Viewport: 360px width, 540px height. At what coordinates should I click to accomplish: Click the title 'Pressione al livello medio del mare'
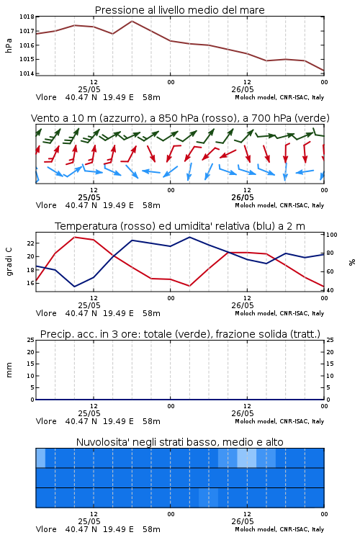pos(179,10)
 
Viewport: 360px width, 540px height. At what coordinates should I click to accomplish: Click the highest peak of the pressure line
pos(132,21)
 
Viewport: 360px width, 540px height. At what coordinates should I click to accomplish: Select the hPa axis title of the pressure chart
pos(9,45)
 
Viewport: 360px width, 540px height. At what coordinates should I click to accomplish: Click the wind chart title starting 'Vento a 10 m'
pos(180,118)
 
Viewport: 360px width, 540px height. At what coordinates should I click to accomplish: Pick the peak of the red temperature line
pos(75,237)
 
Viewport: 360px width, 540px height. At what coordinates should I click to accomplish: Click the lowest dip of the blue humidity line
pos(74,287)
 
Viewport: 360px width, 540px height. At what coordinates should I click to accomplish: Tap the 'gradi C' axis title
pos(9,262)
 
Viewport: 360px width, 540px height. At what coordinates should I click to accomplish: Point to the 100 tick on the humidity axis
pos(332,235)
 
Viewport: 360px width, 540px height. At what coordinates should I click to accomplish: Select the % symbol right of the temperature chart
pos(352,262)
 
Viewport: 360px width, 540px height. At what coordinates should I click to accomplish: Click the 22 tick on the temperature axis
pos(31,243)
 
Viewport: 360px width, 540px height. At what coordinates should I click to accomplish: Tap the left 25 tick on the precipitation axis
pos(31,340)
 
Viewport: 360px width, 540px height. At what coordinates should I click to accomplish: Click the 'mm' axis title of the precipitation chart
pos(9,370)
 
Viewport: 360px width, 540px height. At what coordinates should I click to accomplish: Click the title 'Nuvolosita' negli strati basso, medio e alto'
pos(179,442)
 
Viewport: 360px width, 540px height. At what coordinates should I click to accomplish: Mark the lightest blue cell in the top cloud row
pos(247,458)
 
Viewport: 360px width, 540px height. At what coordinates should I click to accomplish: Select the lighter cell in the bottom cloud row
pos(208,498)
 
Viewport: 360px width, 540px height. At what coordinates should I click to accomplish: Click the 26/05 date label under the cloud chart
pos(243,521)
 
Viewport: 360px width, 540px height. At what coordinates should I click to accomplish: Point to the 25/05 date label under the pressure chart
pos(89,89)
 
